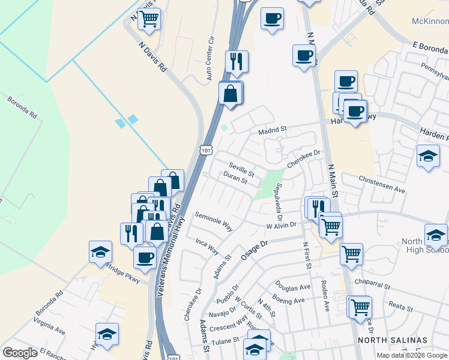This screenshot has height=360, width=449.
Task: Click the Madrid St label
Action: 273,129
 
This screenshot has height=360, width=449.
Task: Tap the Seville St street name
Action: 242,170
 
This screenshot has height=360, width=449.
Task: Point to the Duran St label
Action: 235,178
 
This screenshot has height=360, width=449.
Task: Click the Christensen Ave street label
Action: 382,184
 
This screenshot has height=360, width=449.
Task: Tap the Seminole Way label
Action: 214,220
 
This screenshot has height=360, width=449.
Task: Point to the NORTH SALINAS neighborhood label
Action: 393,340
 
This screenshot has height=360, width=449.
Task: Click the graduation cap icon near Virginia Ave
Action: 107,334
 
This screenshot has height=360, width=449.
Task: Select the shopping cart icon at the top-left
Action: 148,19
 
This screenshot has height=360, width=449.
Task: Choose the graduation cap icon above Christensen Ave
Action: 428,156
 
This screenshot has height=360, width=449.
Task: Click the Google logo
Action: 19,353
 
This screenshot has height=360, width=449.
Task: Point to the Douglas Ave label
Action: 292,286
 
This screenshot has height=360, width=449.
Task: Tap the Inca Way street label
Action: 207,246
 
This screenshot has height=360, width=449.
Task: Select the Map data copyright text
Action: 412,355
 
